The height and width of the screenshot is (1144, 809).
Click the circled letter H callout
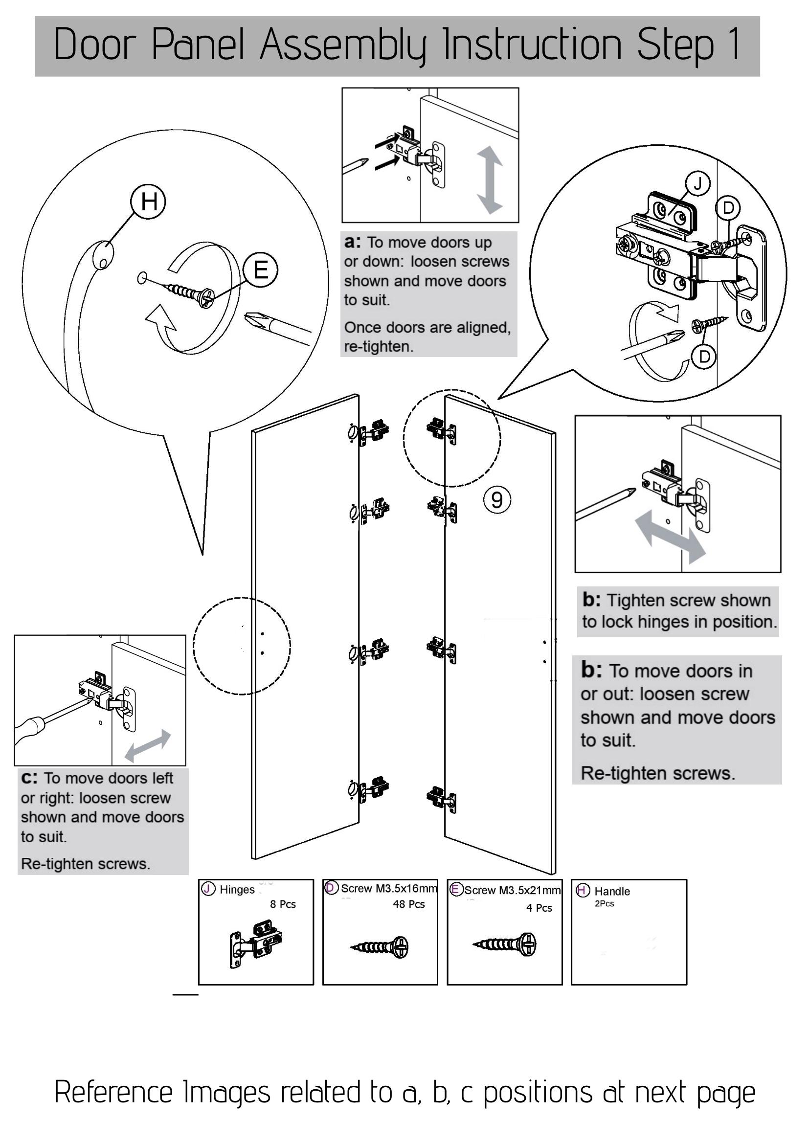[148, 202]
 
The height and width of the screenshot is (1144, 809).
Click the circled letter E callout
[260, 270]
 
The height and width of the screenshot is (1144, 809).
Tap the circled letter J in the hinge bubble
[697, 184]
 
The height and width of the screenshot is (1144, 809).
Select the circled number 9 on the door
[496, 499]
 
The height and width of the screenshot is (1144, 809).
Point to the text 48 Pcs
[408, 904]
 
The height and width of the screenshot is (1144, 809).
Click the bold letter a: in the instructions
[352, 242]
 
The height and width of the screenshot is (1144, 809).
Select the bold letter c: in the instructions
[29, 778]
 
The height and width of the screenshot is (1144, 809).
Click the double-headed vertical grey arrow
[490, 180]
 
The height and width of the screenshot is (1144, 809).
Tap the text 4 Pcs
[539, 908]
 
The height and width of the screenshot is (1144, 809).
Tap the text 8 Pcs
[282, 904]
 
